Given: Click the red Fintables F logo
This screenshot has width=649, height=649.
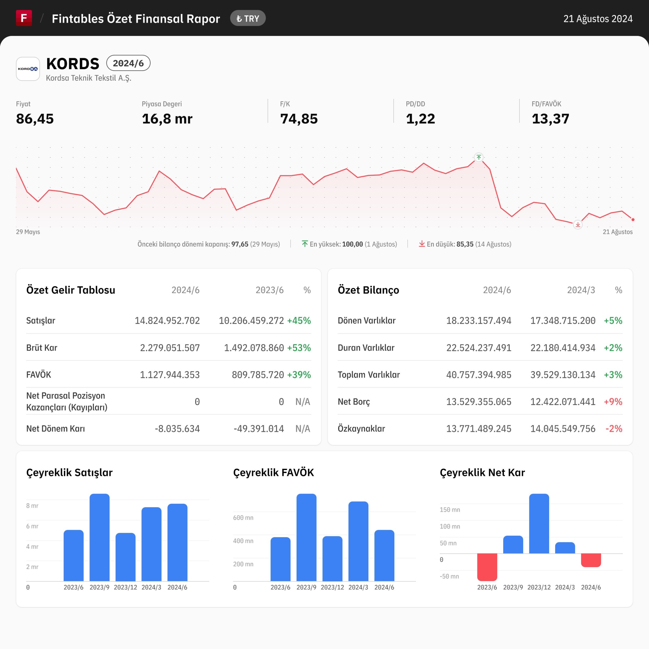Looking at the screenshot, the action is pos(24,18).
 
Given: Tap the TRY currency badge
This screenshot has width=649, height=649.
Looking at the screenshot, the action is pos(248,19).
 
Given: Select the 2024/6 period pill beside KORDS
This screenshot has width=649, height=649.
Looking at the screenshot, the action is pos(128,63).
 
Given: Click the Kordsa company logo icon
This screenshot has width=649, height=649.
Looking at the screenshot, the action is pos(28,69).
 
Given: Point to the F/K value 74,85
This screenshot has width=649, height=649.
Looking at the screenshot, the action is pos(299,119).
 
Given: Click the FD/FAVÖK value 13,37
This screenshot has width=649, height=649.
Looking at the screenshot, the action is pos(550,119).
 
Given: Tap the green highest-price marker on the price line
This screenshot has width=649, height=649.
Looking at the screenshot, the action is pos(479,157).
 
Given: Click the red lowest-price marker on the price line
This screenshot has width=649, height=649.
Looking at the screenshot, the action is pos(578,224).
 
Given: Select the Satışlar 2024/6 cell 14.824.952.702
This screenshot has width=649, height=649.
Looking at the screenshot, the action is pos(167,320).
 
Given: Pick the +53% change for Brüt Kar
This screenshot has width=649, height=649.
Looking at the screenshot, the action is pos(299,348).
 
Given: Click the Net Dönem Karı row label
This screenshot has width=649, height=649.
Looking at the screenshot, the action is pos(56,429).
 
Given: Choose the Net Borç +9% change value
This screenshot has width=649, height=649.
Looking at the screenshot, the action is pos(613,402).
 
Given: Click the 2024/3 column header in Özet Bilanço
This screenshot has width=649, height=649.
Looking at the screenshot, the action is pos(581,290).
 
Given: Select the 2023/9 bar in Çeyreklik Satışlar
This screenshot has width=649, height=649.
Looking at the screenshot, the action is pos(99,537).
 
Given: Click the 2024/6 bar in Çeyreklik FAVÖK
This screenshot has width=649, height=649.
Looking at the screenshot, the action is pos(384,556).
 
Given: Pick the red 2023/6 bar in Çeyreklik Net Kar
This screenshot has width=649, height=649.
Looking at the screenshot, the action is pos(487,567).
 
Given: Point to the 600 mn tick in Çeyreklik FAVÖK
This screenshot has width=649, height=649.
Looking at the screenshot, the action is pos(243,518).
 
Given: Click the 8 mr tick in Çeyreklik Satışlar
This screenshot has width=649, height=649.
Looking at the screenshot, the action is pos(32,506).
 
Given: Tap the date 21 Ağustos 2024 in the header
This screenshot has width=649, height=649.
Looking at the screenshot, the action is pos(598,19).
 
